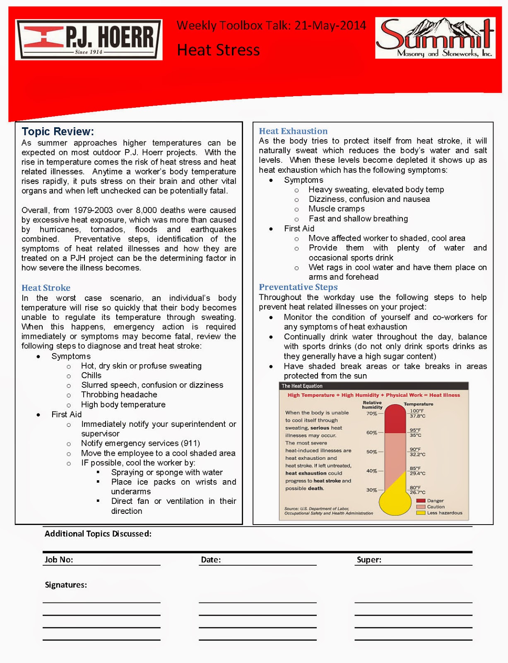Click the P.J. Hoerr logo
pyautogui.click(x=89, y=40)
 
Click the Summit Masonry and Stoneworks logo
pyautogui.click(x=435, y=38)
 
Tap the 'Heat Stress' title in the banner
pyautogui.click(x=218, y=50)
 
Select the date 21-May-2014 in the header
pyautogui.click(x=330, y=26)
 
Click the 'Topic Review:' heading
pyautogui.click(x=58, y=131)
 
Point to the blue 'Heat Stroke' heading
pyautogui.click(x=46, y=288)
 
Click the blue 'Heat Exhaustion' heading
pyautogui.click(x=293, y=131)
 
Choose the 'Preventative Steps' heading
pyautogui.click(x=298, y=287)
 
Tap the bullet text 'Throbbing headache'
pyautogui.click(x=119, y=394)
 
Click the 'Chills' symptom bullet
pyautogui.click(x=91, y=375)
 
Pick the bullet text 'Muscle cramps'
pyautogui.click(x=337, y=209)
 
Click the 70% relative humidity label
pyautogui.click(x=371, y=413)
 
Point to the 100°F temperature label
pyautogui.click(x=417, y=411)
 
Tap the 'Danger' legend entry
pyautogui.click(x=435, y=501)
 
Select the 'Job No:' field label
pyautogui.click(x=59, y=560)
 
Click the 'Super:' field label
pyautogui.click(x=369, y=560)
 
